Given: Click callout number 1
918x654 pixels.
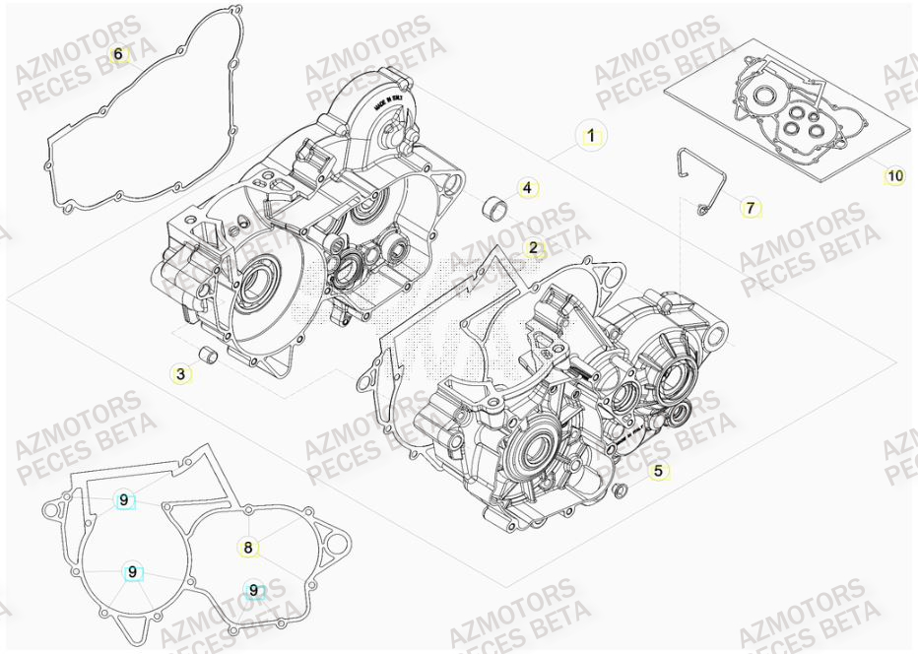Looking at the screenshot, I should [x=591, y=136].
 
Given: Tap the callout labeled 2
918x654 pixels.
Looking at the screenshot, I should [x=533, y=248].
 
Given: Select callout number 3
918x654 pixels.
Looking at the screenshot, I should [x=180, y=374].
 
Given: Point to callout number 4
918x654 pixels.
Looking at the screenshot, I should [x=527, y=187].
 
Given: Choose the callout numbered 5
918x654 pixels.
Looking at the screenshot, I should [x=659, y=472].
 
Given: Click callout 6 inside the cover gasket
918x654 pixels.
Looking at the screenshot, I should [x=118, y=54].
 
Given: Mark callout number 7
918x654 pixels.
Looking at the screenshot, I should [x=750, y=208].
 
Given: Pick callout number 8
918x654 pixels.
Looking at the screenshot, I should [x=248, y=547].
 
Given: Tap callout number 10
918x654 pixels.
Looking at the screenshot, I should [x=893, y=176].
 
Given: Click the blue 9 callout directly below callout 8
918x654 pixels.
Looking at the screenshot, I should [x=254, y=590].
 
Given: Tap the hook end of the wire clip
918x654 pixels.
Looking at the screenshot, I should [x=700, y=209].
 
